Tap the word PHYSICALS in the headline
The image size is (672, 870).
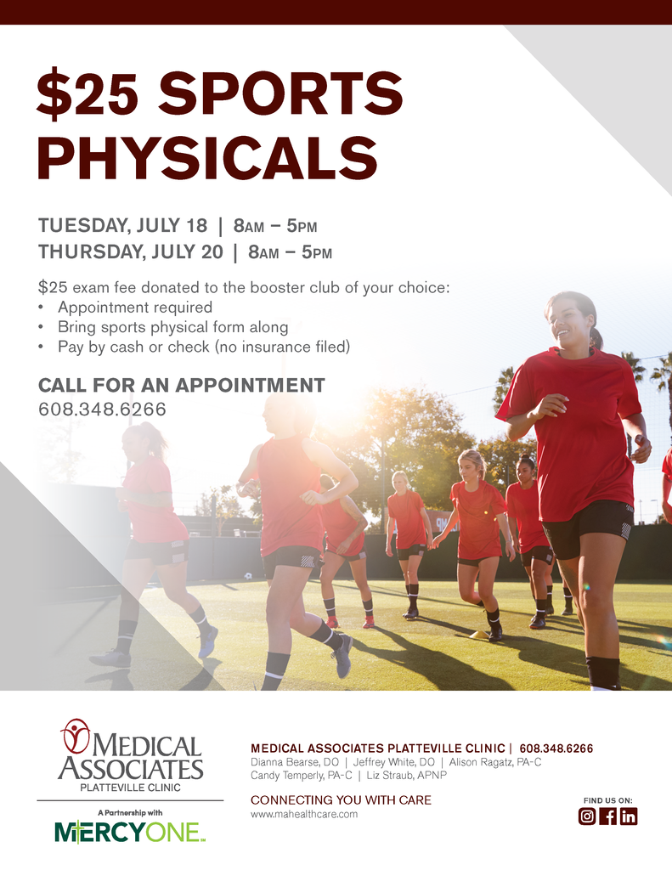tap(207, 158)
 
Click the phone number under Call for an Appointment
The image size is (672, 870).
tap(102, 410)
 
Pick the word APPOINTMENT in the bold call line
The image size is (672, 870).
tap(250, 385)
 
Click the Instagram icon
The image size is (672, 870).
tap(587, 816)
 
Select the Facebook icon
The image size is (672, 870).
tap(607, 816)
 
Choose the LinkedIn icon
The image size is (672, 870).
tap(628, 816)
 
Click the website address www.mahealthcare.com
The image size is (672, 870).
tap(304, 814)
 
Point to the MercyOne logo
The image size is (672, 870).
tap(130, 831)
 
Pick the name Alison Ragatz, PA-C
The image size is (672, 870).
tap(495, 762)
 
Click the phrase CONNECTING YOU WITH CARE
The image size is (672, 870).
tap(341, 799)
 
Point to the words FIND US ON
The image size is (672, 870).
tap(607, 799)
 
